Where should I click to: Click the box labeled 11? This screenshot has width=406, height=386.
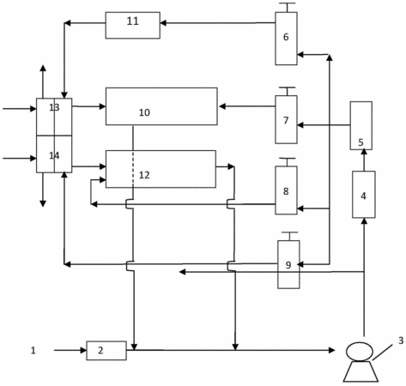pyautogui.click(x=133, y=25)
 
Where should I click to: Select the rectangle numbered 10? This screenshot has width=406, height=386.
pyautogui.click(x=161, y=106)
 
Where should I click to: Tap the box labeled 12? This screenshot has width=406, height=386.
pyautogui.click(x=161, y=169)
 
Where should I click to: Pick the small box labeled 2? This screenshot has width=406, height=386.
pyautogui.click(x=106, y=350)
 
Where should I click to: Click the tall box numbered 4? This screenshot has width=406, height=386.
pyautogui.click(x=364, y=195)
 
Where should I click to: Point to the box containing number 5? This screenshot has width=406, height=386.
pyautogui.click(x=361, y=125)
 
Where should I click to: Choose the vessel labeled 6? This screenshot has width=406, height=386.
pyautogui.click(x=286, y=39)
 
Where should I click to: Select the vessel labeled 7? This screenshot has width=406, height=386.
pyautogui.click(x=286, y=119)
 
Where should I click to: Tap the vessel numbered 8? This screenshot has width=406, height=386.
pyautogui.click(x=286, y=190)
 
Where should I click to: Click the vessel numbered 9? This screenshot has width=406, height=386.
pyautogui.click(x=288, y=264)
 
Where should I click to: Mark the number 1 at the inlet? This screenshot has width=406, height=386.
pyautogui.click(x=33, y=350)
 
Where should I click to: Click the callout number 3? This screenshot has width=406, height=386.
pyautogui.click(x=401, y=341)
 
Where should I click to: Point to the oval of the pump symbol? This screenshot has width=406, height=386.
pyautogui.click(x=360, y=352)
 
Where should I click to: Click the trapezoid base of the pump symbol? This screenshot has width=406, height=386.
pyautogui.click(x=361, y=371)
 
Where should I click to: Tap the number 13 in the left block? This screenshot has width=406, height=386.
pyautogui.click(x=54, y=107)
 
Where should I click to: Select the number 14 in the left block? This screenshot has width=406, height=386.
pyautogui.click(x=54, y=155)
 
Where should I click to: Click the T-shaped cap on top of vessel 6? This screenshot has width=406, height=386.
pyautogui.click(x=287, y=7)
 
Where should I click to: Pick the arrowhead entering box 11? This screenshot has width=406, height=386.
pyautogui.click(x=163, y=23)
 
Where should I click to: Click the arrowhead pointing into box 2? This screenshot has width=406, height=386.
pyautogui.click(x=83, y=350)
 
